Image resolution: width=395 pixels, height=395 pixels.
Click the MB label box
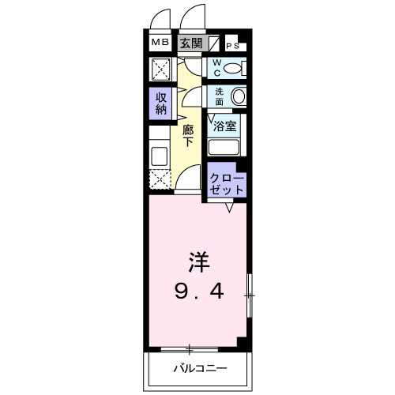click(x=160, y=42)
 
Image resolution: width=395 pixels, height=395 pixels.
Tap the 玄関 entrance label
click(x=191, y=43)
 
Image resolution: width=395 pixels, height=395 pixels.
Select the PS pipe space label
click(x=233, y=46)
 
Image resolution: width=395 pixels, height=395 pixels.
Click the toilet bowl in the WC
click(x=232, y=69)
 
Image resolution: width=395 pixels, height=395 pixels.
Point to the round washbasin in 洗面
click(x=239, y=96)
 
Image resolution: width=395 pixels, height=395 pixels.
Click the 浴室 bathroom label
click(x=224, y=126)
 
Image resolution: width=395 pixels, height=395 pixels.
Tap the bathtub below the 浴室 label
click(x=224, y=147)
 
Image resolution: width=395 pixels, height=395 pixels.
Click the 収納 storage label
click(x=161, y=103)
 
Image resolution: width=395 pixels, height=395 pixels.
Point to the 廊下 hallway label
click(x=188, y=136)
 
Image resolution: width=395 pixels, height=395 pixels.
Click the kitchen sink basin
click(x=160, y=156)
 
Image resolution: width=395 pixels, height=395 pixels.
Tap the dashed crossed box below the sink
click(x=160, y=179)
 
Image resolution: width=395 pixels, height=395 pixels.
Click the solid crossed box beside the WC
click(x=160, y=70)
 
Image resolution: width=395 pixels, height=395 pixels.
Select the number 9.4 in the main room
click(x=199, y=292)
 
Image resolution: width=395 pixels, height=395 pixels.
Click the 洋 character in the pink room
click(x=199, y=262)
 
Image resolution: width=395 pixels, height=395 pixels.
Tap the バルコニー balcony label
click(x=200, y=368)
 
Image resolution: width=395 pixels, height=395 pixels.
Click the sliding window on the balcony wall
click(x=190, y=350)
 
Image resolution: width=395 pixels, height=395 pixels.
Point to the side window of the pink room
click(x=250, y=295)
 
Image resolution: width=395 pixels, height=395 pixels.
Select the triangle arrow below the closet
click(x=229, y=208)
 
